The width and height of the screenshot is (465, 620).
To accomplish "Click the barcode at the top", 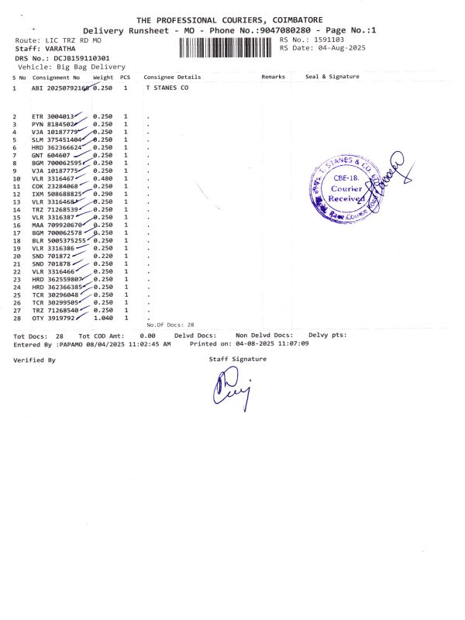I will click(x=226, y=47).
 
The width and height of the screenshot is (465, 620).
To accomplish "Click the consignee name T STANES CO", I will click(x=167, y=88).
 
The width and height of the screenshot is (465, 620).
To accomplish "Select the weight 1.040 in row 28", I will click(x=103, y=318).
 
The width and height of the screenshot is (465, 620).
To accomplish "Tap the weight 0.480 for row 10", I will click(x=103, y=178).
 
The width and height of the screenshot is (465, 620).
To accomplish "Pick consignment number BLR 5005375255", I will click(x=58, y=240).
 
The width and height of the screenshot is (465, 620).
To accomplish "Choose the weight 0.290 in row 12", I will click(x=103, y=194).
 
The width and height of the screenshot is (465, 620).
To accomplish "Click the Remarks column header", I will click(x=273, y=77).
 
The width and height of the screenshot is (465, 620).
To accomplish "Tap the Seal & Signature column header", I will click(x=332, y=77).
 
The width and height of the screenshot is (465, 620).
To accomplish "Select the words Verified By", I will click(x=34, y=360).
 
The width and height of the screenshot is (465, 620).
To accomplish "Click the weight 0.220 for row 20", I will click(x=103, y=256).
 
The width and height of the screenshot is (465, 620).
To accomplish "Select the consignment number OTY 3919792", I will click(x=53, y=318).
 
